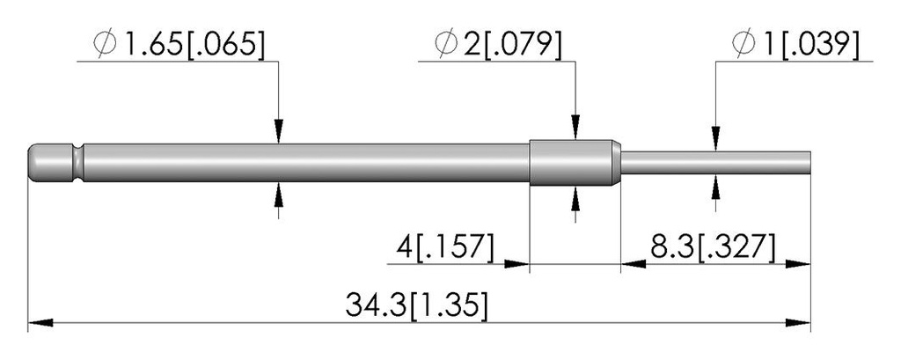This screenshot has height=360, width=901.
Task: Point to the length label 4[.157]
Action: tap(445, 248)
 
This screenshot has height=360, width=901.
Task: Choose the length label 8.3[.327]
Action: tap(713, 248)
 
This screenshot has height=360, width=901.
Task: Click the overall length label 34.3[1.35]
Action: tap(417, 305)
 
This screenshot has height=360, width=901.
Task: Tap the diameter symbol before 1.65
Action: tap(106, 45)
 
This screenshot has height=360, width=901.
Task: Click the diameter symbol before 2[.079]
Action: tap(446, 45)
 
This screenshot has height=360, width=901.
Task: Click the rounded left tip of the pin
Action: tap(33, 163)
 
